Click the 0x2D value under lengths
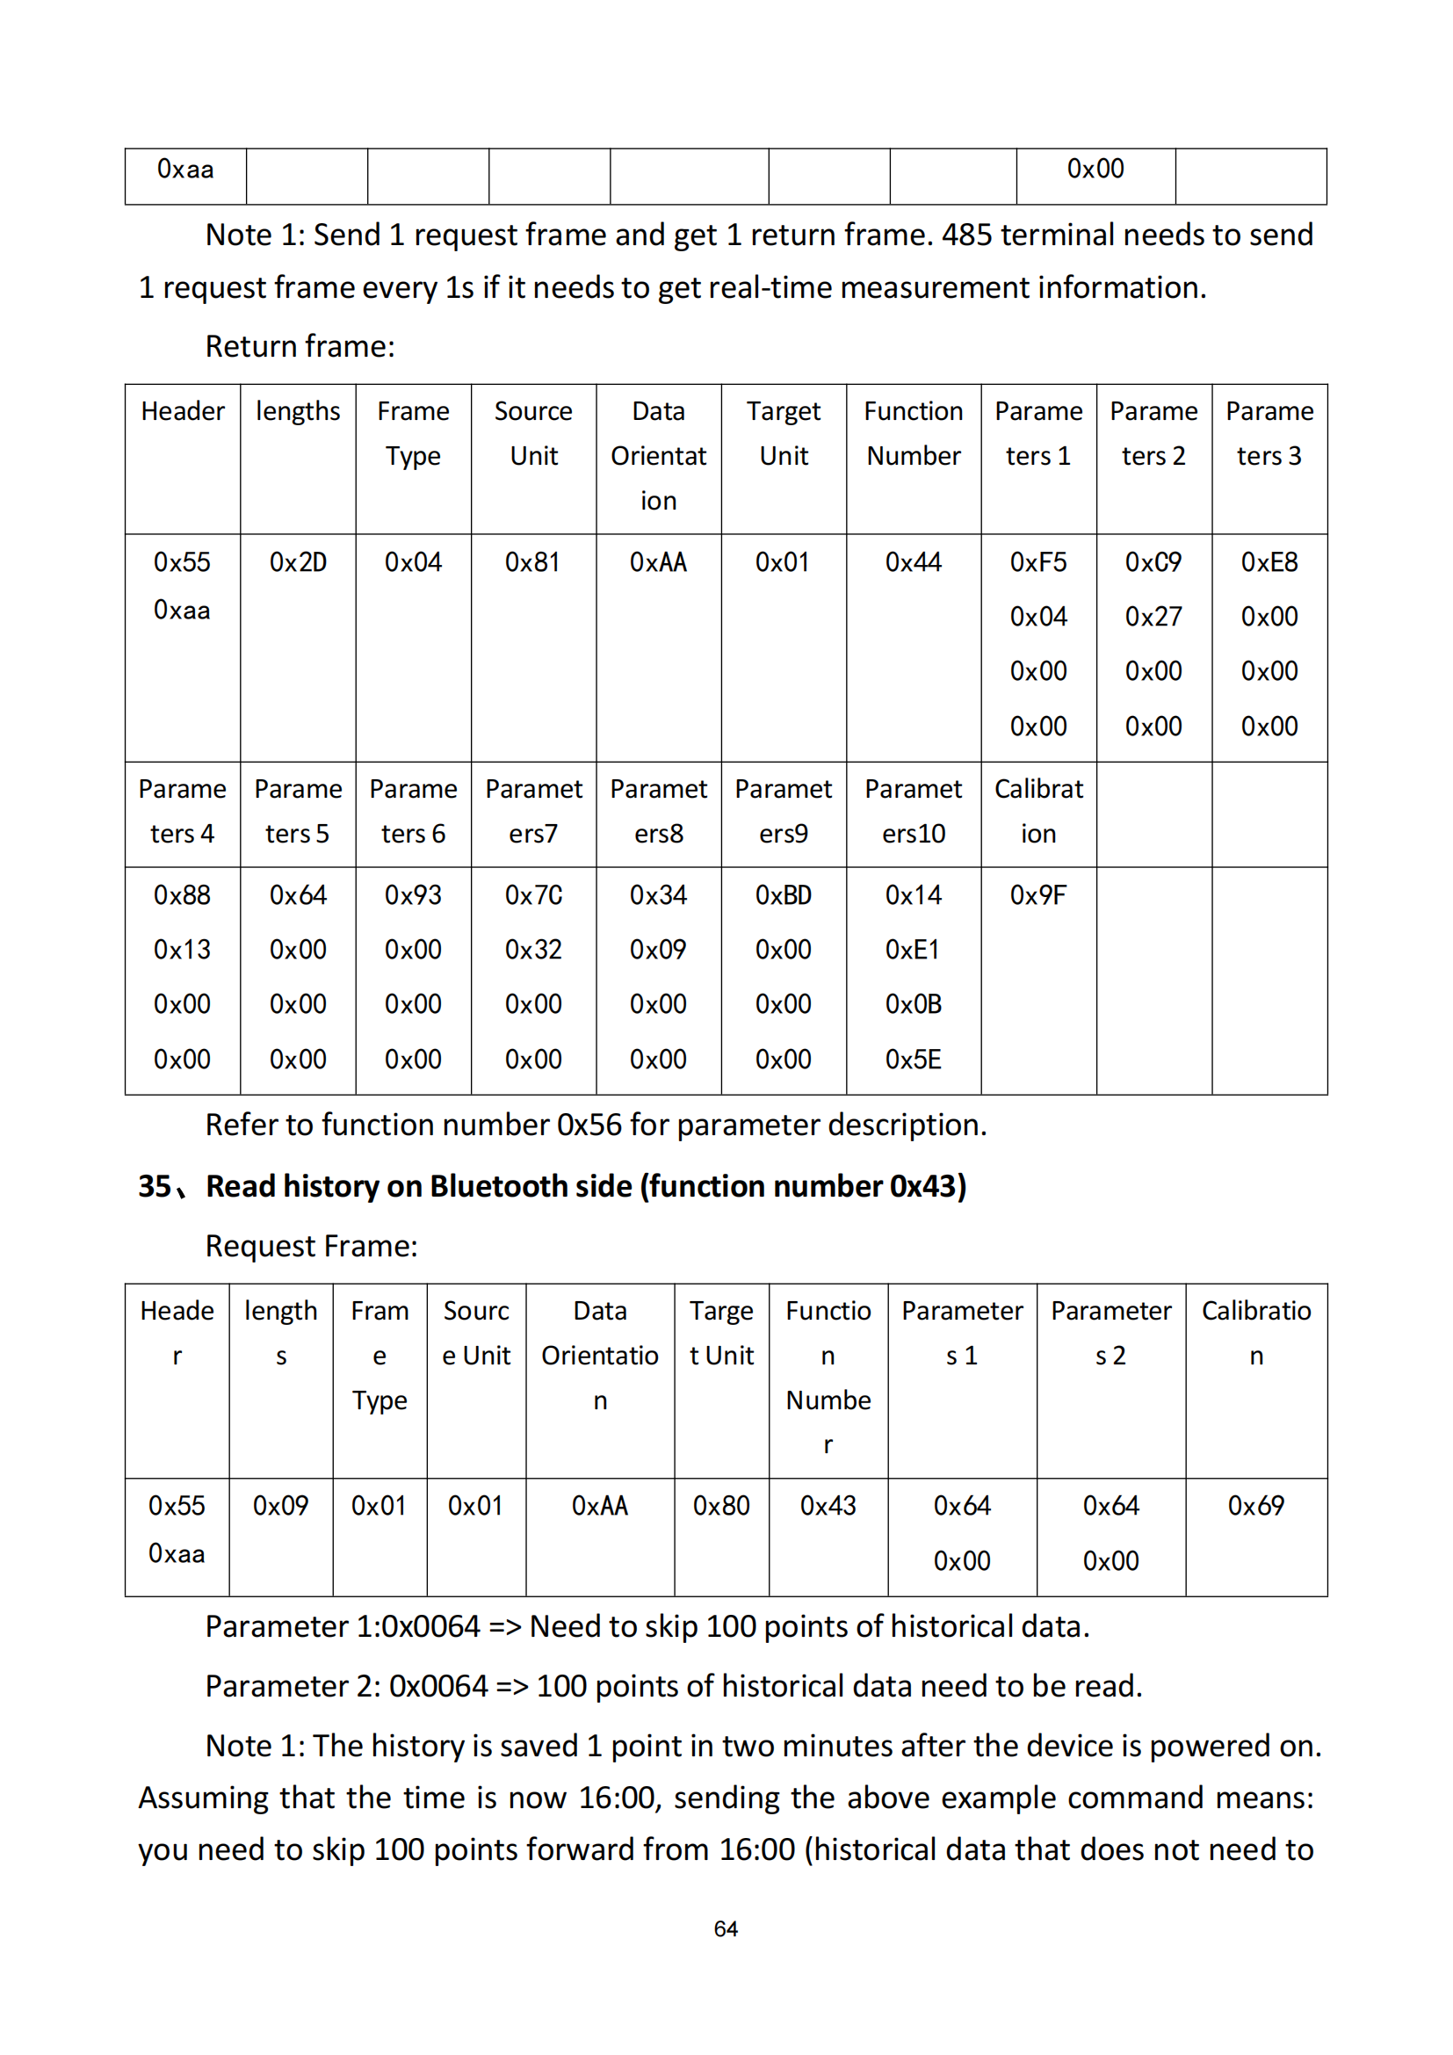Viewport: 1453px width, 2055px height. pos(298,562)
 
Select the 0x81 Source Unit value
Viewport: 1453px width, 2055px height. pos(532,562)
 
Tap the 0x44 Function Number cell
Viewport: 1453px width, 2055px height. pos(913,562)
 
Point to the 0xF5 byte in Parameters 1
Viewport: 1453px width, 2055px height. pos(1037,562)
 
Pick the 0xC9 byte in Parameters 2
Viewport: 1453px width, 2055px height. pos(1153,562)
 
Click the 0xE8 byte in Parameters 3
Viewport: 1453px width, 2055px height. pos(1269,562)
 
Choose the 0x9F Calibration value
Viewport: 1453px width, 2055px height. pos(1037,895)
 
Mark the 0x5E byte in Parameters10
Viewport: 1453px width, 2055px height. pos(913,1060)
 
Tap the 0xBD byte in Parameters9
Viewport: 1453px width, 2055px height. pos(783,895)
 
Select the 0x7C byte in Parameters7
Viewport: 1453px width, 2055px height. pos(533,895)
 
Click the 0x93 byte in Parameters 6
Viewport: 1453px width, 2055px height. pos(413,895)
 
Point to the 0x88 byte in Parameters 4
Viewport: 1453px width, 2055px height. pos(182,895)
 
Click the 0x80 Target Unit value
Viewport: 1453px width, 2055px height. pos(721,1506)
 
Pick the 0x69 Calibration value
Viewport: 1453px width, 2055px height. pos(1255,1506)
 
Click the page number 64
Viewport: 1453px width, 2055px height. pos(726,1928)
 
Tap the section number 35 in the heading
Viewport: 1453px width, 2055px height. pos(155,1186)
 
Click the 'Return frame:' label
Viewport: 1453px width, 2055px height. pos(300,346)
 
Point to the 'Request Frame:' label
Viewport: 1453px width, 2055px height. pos(311,1246)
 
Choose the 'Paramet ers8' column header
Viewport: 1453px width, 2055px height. pos(659,811)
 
